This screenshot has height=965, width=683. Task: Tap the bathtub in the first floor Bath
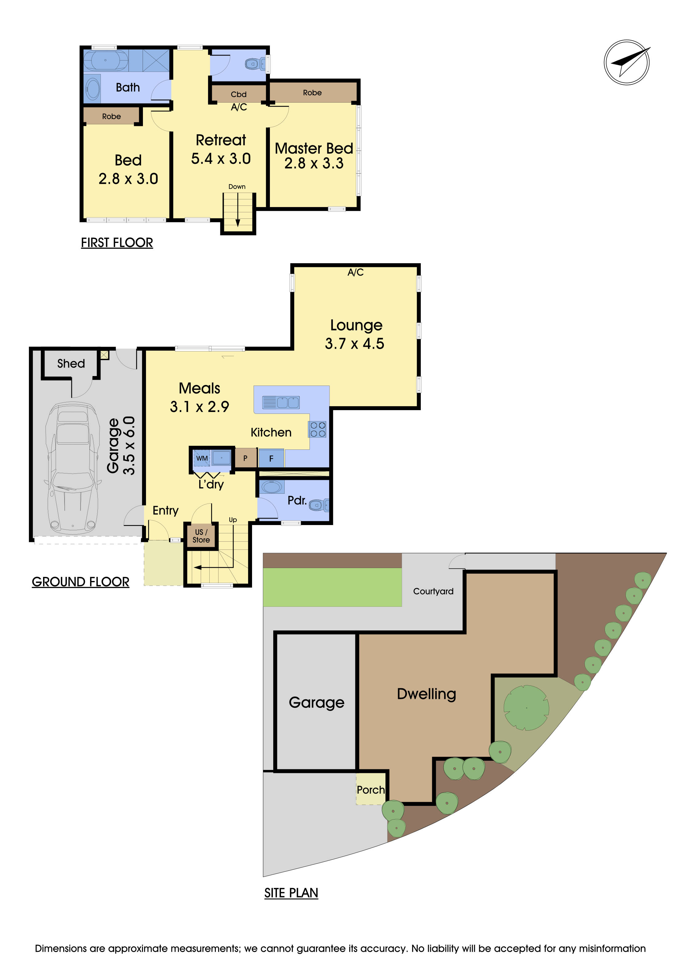(x=105, y=61)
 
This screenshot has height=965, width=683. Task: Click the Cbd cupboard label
(x=239, y=94)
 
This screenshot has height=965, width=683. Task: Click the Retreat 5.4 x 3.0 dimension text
(x=221, y=159)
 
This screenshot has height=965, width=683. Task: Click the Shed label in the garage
(x=71, y=363)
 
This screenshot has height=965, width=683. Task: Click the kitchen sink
(x=281, y=402)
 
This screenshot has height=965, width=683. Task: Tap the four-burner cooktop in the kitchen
(x=318, y=429)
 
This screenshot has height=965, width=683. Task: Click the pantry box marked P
(x=245, y=458)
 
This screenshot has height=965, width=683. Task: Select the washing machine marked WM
(x=202, y=458)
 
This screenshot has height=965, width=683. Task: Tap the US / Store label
(x=201, y=536)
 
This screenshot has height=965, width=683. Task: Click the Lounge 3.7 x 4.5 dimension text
(x=354, y=344)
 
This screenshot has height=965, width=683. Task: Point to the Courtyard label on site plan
(x=433, y=591)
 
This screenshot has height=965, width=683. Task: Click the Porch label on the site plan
(x=370, y=790)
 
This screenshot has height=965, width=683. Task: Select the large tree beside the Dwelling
(x=526, y=708)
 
